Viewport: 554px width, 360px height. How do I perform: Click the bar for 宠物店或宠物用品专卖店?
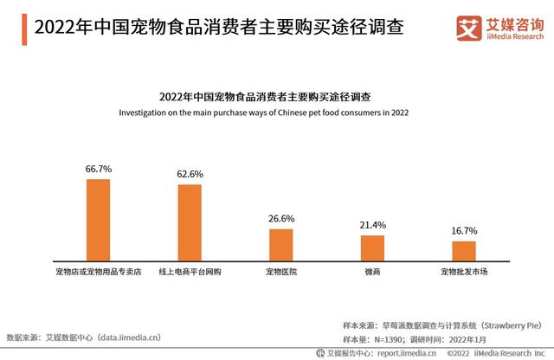click(98, 220)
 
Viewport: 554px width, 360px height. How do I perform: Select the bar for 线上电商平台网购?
click(190, 223)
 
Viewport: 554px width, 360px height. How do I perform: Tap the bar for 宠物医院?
click(281, 245)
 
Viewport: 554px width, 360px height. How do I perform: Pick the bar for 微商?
click(372, 248)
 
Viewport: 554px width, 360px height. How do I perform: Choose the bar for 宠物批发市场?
click(464, 252)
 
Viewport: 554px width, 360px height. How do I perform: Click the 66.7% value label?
click(98, 170)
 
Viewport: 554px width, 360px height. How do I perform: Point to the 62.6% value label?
click(190, 174)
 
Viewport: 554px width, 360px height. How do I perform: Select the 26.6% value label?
click(281, 218)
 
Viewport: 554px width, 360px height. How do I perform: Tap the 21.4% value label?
click(372, 225)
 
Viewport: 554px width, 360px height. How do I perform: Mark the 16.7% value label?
click(464, 231)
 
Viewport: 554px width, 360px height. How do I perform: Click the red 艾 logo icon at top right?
click(471, 25)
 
